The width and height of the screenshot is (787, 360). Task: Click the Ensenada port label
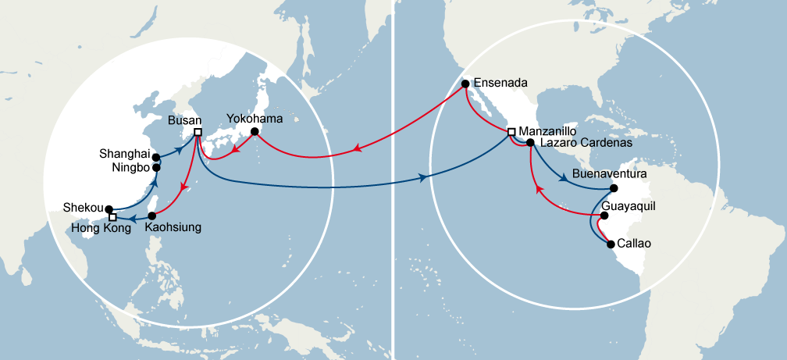tap(501, 82)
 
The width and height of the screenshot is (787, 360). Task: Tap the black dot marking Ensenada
tap(465, 83)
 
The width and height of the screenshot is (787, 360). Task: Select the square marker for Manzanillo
tap(511, 132)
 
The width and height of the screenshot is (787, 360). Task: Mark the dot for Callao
tap(611, 244)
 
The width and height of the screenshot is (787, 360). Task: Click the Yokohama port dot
tap(254, 132)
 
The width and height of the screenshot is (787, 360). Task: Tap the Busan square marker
tap(198, 132)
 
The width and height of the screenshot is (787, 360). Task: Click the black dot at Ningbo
tap(156, 167)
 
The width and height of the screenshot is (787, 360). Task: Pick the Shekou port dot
tap(109, 209)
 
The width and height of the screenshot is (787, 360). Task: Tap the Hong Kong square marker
tap(113, 217)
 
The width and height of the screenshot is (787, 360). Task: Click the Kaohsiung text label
tap(174, 228)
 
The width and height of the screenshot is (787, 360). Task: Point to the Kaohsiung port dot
tap(152, 216)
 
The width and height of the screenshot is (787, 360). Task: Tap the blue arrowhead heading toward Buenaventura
tap(564, 178)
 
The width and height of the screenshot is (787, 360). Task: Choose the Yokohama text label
tap(254, 119)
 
